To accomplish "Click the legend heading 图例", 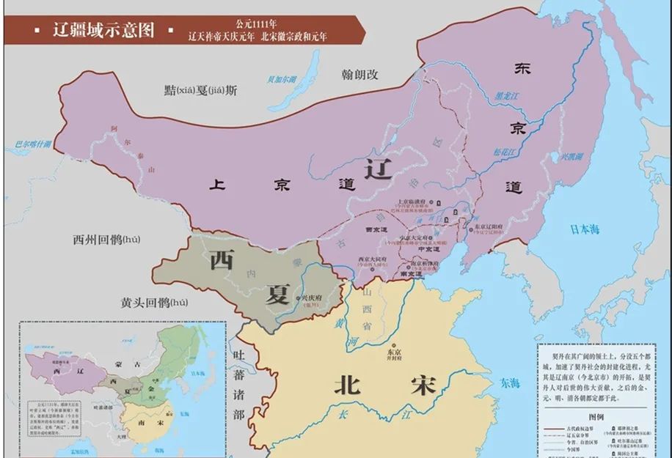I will (x=596, y=417).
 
